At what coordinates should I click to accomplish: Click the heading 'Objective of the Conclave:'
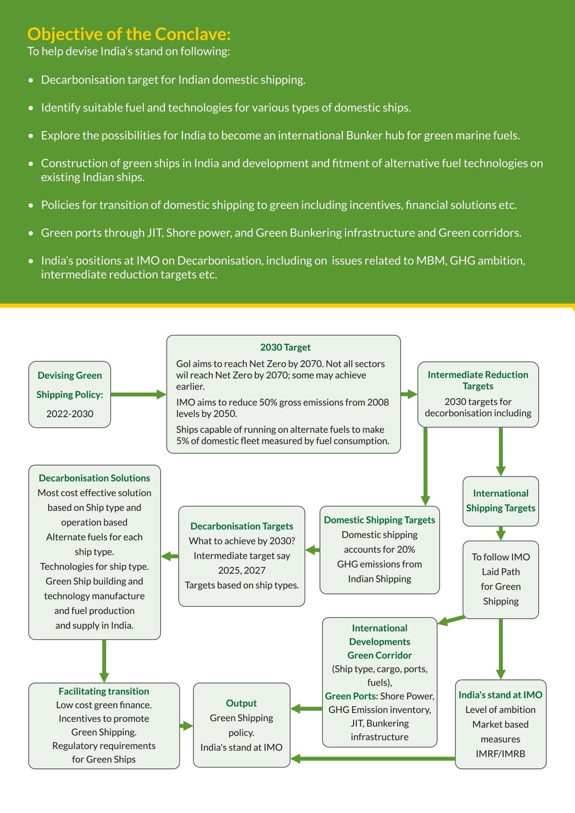pyautogui.click(x=129, y=34)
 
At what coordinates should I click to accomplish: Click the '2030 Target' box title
pyautogui.click(x=285, y=347)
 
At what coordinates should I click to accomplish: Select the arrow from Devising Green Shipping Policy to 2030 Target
pyautogui.click(x=138, y=394)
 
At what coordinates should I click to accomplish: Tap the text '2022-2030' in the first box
pyautogui.click(x=70, y=414)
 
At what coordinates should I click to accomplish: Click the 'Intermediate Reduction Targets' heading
pyautogui.click(x=478, y=380)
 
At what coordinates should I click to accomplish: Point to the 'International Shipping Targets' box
pyautogui.click(x=500, y=501)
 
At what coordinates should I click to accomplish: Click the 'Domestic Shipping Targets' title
pyautogui.click(x=379, y=520)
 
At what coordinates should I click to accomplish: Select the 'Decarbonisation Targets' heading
pyautogui.click(x=242, y=526)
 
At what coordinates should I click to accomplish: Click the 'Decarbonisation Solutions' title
pyautogui.click(x=94, y=478)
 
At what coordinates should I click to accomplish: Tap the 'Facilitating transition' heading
pyautogui.click(x=104, y=692)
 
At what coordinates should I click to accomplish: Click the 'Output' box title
pyautogui.click(x=241, y=703)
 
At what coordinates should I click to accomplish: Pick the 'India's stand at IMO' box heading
pyautogui.click(x=500, y=695)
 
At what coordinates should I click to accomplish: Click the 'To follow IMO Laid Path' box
pyautogui.click(x=500, y=579)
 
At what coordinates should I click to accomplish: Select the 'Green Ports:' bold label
pyautogui.click(x=351, y=696)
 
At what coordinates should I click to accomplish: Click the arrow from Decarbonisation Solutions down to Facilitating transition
pyautogui.click(x=104, y=661)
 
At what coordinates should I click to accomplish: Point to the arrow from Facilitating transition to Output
pyautogui.click(x=186, y=726)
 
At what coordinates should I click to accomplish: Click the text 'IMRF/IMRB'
pyautogui.click(x=500, y=754)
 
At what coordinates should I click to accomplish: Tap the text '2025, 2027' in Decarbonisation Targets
pyautogui.click(x=242, y=571)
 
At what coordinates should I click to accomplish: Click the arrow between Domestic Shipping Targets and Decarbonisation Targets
pyautogui.click(x=313, y=550)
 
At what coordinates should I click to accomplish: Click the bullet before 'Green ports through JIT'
pyautogui.click(x=31, y=233)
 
